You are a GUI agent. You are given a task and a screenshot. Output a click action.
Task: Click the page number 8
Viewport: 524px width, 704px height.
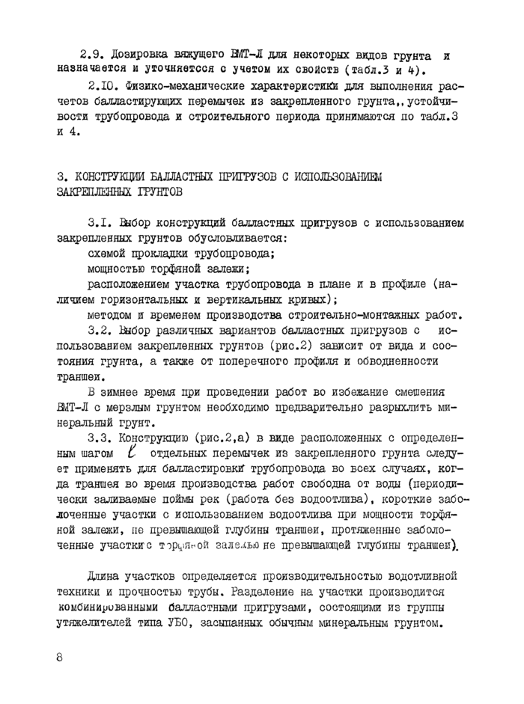click(60, 658)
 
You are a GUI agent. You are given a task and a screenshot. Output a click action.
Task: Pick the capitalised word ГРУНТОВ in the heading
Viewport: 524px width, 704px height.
click(158, 192)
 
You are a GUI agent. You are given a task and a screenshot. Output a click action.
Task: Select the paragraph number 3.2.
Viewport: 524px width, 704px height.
click(100, 330)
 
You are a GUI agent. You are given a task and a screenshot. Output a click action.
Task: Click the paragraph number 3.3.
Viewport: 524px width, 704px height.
click(100, 437)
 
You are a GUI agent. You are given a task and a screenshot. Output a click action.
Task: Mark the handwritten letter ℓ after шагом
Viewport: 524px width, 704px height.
click(132, 452)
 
